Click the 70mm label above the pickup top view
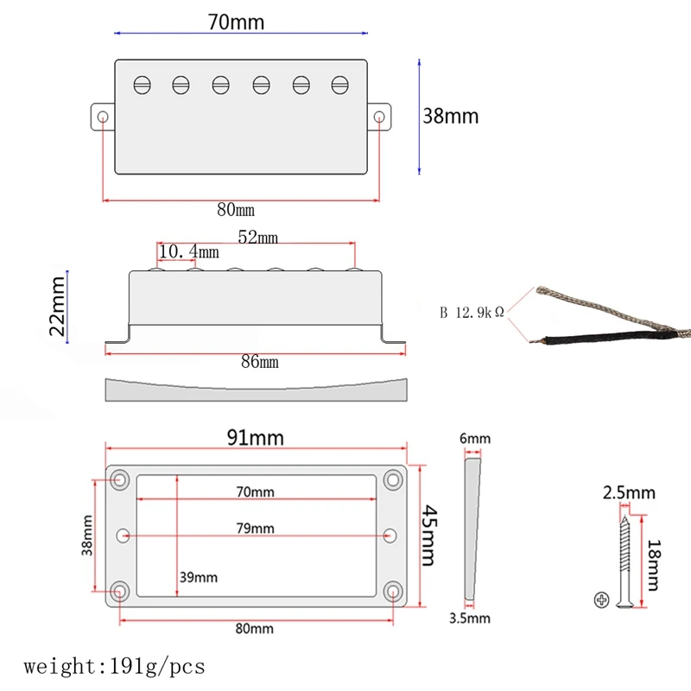(x=236, y=22)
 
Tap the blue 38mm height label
(x=450, y=117)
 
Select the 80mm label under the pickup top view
(x=236, y=210)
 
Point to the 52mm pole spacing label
(x=257, y=237)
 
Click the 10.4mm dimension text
(x=188, y=251)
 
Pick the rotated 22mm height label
(x=57, y=307)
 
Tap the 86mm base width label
(x=260, y=362)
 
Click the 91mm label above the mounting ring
(x=255, y=438)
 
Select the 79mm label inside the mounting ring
(x=255, y=528)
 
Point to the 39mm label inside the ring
(x=199, y=577)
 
